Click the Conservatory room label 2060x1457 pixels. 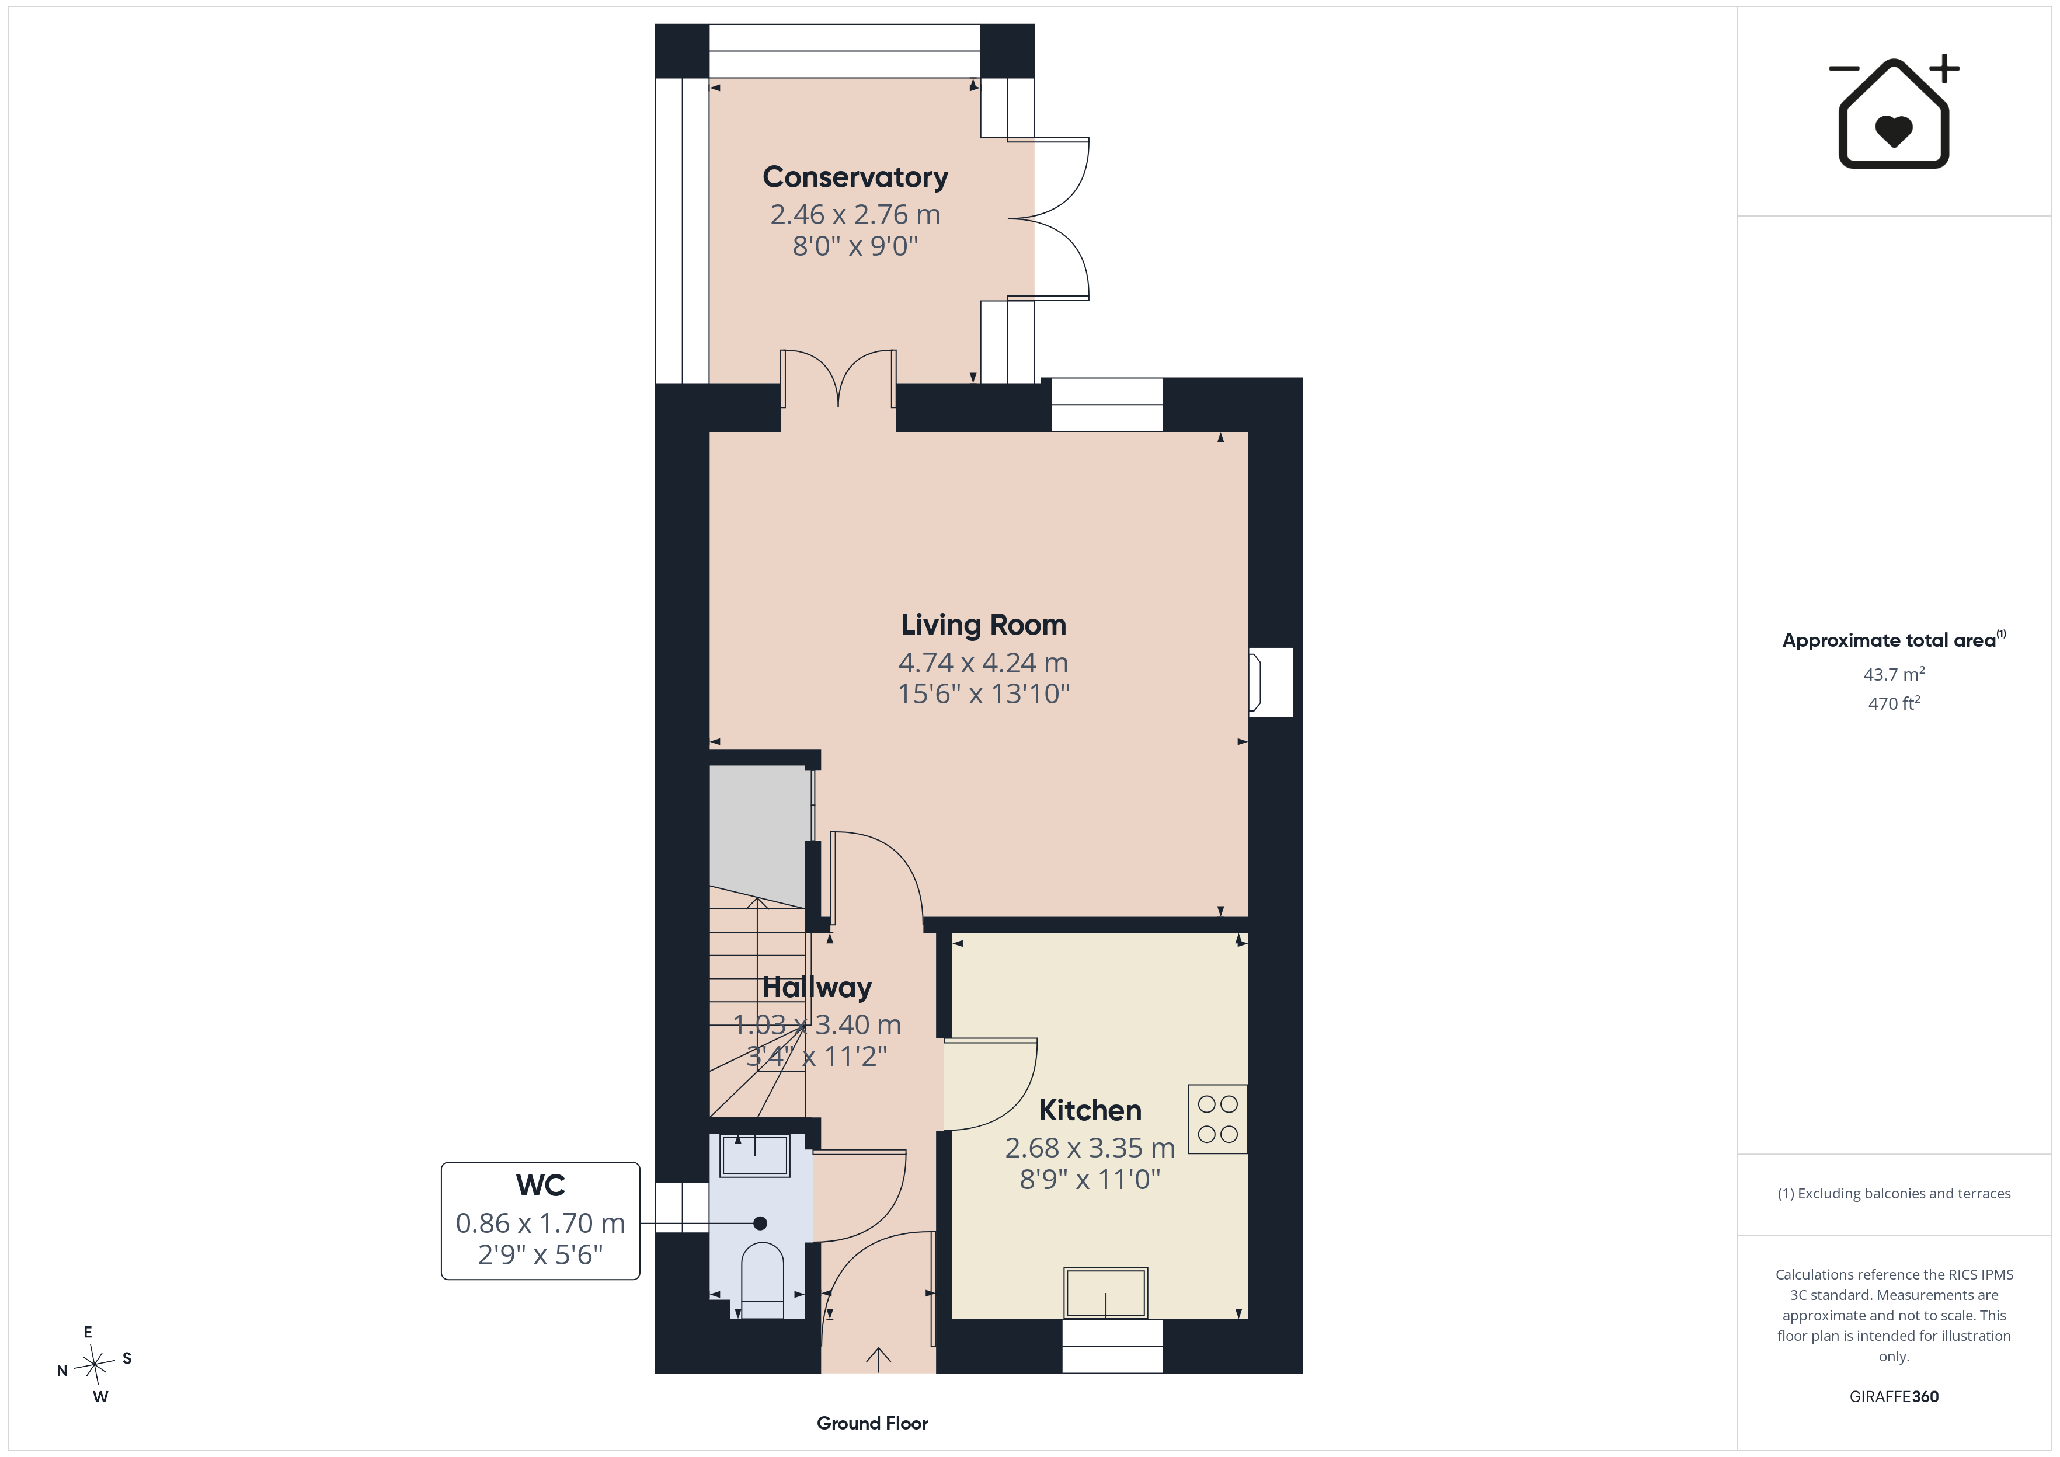pos(855,177)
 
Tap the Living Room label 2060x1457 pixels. pos(983,625)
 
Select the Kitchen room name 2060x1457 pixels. pos(1090,1111)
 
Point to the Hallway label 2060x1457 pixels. pos(816,988)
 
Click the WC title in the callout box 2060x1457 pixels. pos(540,1185)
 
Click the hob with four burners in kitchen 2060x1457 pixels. pos(1217,1119)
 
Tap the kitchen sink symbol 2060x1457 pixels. pos(1105,1293)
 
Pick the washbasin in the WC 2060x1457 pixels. pos(756,1156)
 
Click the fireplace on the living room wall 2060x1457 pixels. pos(1271,682)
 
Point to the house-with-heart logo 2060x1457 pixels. pos(1894,112)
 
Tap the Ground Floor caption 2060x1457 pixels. pos(872,1423)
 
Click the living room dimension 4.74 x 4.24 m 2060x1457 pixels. pos(983,663)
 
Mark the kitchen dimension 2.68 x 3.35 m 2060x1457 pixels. pos(1090,1148)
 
